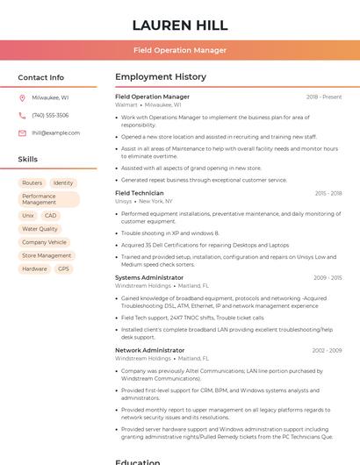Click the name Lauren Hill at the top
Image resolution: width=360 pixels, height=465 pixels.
click(x=180, y=25)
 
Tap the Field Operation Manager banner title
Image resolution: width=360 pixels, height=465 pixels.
click(x=180, y=50)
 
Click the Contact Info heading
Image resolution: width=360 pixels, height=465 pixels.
click(x=41, y=77)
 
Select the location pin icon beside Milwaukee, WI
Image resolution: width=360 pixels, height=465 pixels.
click(x=22, y=97)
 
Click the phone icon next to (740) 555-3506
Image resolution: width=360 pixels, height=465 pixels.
click(x=22, y=115)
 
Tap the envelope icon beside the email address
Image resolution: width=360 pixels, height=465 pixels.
click(x=22, y=132)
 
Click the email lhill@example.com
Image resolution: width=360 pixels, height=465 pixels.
click(x=55, y=132)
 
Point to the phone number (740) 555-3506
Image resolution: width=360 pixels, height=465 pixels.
click(x=50, y=115)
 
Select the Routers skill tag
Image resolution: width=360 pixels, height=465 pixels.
click(x=32, y=183)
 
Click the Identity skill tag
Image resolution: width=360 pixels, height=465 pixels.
click(x=63, y=183)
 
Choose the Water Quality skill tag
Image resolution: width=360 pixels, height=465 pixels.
click(x=40, y=229)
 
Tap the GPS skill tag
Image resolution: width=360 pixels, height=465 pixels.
click(x=63, y=268)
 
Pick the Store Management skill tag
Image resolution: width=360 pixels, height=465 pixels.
click(x=47, y=255)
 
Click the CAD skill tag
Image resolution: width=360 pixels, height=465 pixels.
click(x=51, y=215)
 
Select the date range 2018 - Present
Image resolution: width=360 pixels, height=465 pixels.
click(x=324, y=97)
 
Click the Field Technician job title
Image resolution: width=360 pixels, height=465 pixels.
click(x=139, y=193)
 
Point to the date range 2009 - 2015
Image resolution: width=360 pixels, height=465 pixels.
click(x=328, y=277)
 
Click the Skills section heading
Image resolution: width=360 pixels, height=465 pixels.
click(x=28, y=160)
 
